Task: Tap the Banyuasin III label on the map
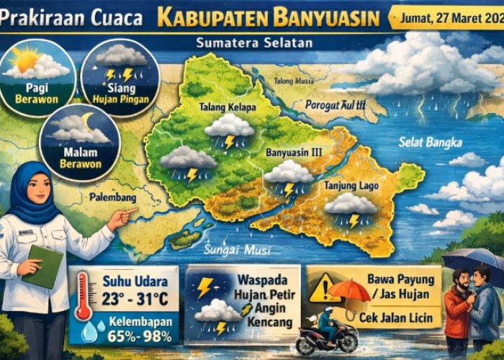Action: (292, 153)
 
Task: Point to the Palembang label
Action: (112, 196)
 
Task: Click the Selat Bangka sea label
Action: (433, 142)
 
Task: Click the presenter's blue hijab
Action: (33, 191)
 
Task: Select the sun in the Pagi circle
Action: (26, 58)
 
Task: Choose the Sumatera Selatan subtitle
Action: (254, 43)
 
